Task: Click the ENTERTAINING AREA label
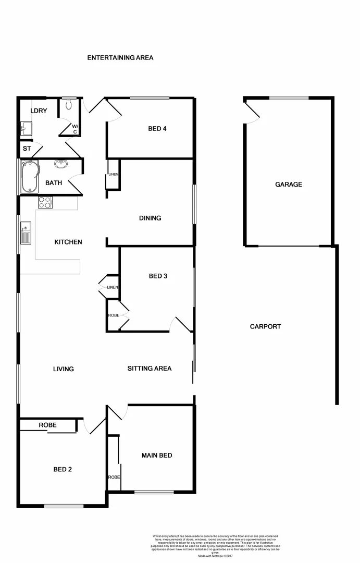[x=120, y=58]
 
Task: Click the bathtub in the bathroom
[x=29, y=176]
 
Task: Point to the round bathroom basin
[x=61, y=164]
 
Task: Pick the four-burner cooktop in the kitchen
[x=45, y=202]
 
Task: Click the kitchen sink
[x=26, y=233]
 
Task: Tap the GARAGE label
[x=289, y=184]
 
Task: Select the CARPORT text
[x=265, y=327]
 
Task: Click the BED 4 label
[x=157, y=128]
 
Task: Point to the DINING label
[x=150, y=218]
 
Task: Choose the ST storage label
[x=27, y=149]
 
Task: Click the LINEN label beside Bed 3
[x=113, y=287]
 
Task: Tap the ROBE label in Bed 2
[x=47, y=425]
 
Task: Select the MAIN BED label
[x=157, y=456]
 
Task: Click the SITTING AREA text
[x=150, y=369]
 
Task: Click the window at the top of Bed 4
[x=150, y=97]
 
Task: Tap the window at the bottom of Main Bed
[x=154, y=492]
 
